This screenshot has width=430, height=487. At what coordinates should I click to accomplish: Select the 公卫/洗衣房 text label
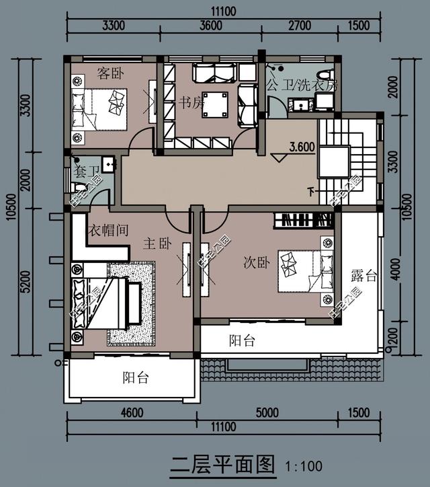click(301, 86)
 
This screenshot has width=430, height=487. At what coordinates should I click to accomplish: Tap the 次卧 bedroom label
click(255, 263)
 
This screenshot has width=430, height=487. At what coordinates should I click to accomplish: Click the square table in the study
click(215, 104)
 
